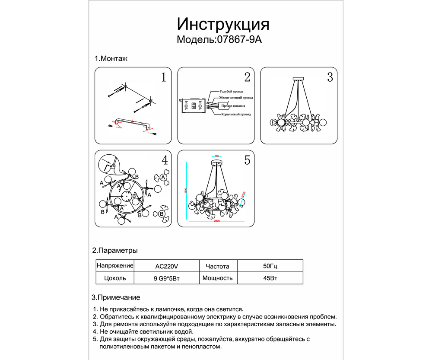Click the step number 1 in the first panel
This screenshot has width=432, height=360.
[x=163, y=77]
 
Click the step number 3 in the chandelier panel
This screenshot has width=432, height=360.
[x=330, y=77]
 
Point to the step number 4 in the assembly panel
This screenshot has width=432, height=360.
[x=164, y=160]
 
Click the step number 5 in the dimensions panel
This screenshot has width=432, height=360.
[x=247, y=160]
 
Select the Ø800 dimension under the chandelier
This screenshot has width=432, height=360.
[x=217, y=221]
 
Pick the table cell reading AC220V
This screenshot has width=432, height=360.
[x=166, y=266]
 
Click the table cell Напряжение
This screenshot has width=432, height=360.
[x=115, y=266]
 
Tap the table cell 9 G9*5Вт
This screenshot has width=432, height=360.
[x=166, y=278]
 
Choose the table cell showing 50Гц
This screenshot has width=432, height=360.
[x=270, y=266]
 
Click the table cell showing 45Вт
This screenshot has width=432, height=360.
[x=270, y=278]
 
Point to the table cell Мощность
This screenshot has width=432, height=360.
[x=218, y=278]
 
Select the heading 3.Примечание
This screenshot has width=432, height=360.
[x=116, y=298]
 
